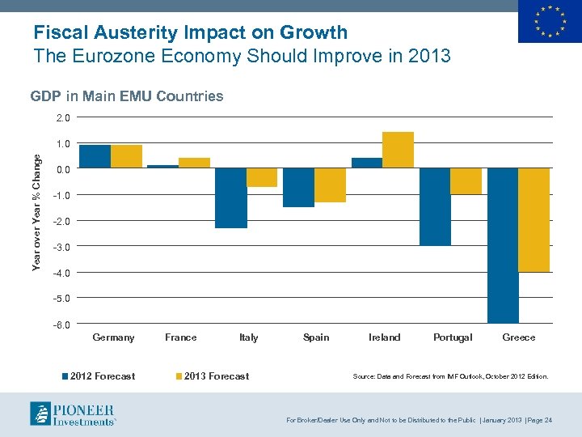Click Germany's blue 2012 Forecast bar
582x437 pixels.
click(x=95, y=156)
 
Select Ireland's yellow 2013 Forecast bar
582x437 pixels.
click(x=398, y=150)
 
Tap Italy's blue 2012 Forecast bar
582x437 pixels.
click(x=231, y=198)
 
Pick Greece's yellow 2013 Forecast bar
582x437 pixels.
click(x=534, y=219)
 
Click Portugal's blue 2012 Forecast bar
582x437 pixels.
click(x=436, y=206)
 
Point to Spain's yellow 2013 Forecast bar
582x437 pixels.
click(x=330, y=185)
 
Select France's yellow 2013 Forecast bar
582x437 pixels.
click(x=194, y=163)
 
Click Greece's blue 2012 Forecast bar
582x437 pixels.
click(x=503, y=245)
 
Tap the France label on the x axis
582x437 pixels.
click(x=180, y=337)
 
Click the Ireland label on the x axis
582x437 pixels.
click(x=384, y=337)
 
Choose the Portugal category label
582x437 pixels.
click(x=453, y=337)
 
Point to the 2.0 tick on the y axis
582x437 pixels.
click(x=63, y=118)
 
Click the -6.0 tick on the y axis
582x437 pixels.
click(x=62, y=325)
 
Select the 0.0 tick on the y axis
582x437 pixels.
click(x=63, y=170)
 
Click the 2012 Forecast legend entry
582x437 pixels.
click(x=100, y=376)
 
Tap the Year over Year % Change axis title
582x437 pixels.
click(x=36, y=214)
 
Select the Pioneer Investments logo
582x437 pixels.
click(x=73, y=414)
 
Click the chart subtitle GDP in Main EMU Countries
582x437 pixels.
click(x=127, y=96)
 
